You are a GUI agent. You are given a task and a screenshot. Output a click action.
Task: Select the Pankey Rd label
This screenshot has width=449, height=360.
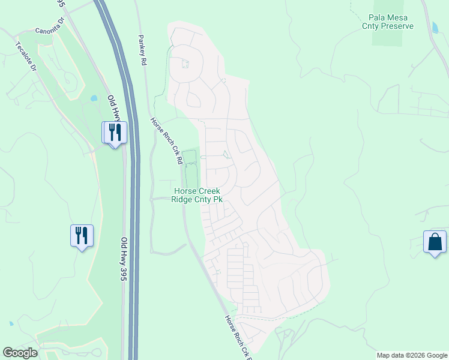pos(142,49)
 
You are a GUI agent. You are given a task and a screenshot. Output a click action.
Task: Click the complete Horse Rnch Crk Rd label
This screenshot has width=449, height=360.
pos(166,140)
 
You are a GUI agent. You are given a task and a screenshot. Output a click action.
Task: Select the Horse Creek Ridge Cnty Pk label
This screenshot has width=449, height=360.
pos(197,195)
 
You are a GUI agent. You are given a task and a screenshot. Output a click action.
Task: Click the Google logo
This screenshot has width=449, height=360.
pos(20,353)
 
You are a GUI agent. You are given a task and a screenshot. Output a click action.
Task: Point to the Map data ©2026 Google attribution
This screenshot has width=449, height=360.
pos(412,355)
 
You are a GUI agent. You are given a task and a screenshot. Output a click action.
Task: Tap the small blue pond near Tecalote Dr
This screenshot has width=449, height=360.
pos(93,98)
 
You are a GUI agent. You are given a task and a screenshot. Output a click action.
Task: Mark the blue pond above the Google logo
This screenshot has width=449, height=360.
pos(11,323)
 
